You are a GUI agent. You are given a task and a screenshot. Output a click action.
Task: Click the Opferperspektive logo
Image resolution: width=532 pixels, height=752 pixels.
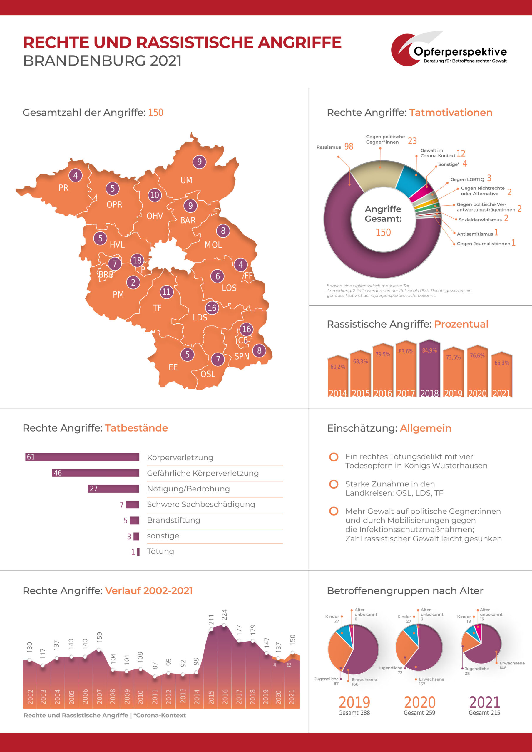point(449,49)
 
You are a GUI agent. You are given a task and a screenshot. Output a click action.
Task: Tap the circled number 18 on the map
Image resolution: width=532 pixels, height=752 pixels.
point(137,260)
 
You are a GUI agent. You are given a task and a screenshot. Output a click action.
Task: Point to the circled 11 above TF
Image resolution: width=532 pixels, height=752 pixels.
point(167,291)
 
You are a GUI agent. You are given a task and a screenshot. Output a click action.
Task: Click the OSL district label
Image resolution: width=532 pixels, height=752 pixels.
point(208,374)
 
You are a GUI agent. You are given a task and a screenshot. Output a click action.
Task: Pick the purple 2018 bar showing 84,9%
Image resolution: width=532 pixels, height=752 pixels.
point(429,370)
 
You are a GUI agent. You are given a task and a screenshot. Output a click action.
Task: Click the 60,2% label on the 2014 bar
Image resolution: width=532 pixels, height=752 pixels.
point(338,367)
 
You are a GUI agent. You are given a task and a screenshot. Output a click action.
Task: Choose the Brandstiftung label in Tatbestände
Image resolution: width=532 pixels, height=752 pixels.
point(173,520)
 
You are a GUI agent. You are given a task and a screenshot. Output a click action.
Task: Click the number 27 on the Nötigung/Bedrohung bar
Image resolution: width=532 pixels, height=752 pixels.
point(94,489)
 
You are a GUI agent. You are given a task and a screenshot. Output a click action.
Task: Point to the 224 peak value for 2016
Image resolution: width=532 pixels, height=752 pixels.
point(225,615)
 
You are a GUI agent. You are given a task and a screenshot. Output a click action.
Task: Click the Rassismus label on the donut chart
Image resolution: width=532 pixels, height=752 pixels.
point(328,147)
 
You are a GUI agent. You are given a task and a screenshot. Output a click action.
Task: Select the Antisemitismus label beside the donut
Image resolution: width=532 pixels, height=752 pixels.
point(475,234)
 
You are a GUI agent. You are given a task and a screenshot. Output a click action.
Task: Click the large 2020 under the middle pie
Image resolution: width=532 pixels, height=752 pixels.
point(419,702)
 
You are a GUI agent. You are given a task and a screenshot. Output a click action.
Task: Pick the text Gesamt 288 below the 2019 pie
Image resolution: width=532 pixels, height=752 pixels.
point(354,713)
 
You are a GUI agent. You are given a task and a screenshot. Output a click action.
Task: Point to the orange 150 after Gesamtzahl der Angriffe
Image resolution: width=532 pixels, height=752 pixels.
point(156,113)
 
